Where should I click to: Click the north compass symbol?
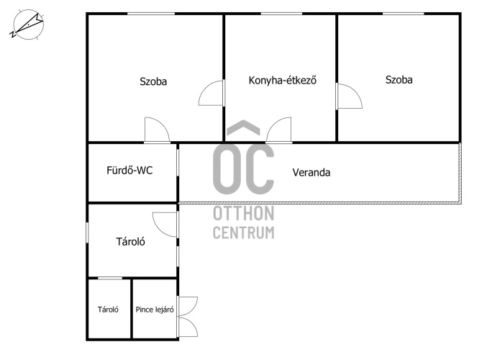[27, 25]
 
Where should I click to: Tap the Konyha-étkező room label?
[282, 81]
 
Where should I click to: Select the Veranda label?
[311, 173]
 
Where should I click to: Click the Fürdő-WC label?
[129, 171]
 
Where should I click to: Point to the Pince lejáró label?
[155, 310]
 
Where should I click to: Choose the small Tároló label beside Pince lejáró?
[108, 310]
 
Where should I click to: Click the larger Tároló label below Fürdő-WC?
[130, 242]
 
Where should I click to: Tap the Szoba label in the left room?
[153, 81]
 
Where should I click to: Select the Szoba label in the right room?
[399, 80]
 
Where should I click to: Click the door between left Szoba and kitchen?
[211, 94]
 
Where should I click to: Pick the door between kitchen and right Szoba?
[349, 96]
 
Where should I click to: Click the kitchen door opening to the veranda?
[279, 130]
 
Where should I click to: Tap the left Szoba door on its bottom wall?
[157, 130]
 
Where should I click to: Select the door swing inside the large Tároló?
[165, 225]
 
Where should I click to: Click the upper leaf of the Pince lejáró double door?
[187, 307]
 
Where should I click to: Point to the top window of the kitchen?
[281, 14]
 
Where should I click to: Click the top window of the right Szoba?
[403, 14]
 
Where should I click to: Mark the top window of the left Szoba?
[151, 14]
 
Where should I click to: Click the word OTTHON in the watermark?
[243, 214]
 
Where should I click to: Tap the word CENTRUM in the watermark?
[243, 233]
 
